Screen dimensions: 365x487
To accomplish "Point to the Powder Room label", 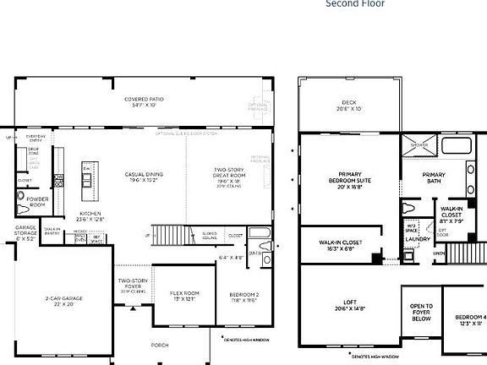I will [x=37, y=202].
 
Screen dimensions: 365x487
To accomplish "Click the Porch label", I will [x=159, y=345].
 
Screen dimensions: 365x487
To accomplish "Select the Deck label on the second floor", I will [x=349, y=105].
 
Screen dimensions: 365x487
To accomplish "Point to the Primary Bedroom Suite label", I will [x=350, y=180].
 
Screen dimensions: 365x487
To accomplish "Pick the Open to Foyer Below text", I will [x=421, y=313].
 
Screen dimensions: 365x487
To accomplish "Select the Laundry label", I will [x=418, y=239].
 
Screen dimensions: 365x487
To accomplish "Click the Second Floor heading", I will [x=355, y=4].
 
